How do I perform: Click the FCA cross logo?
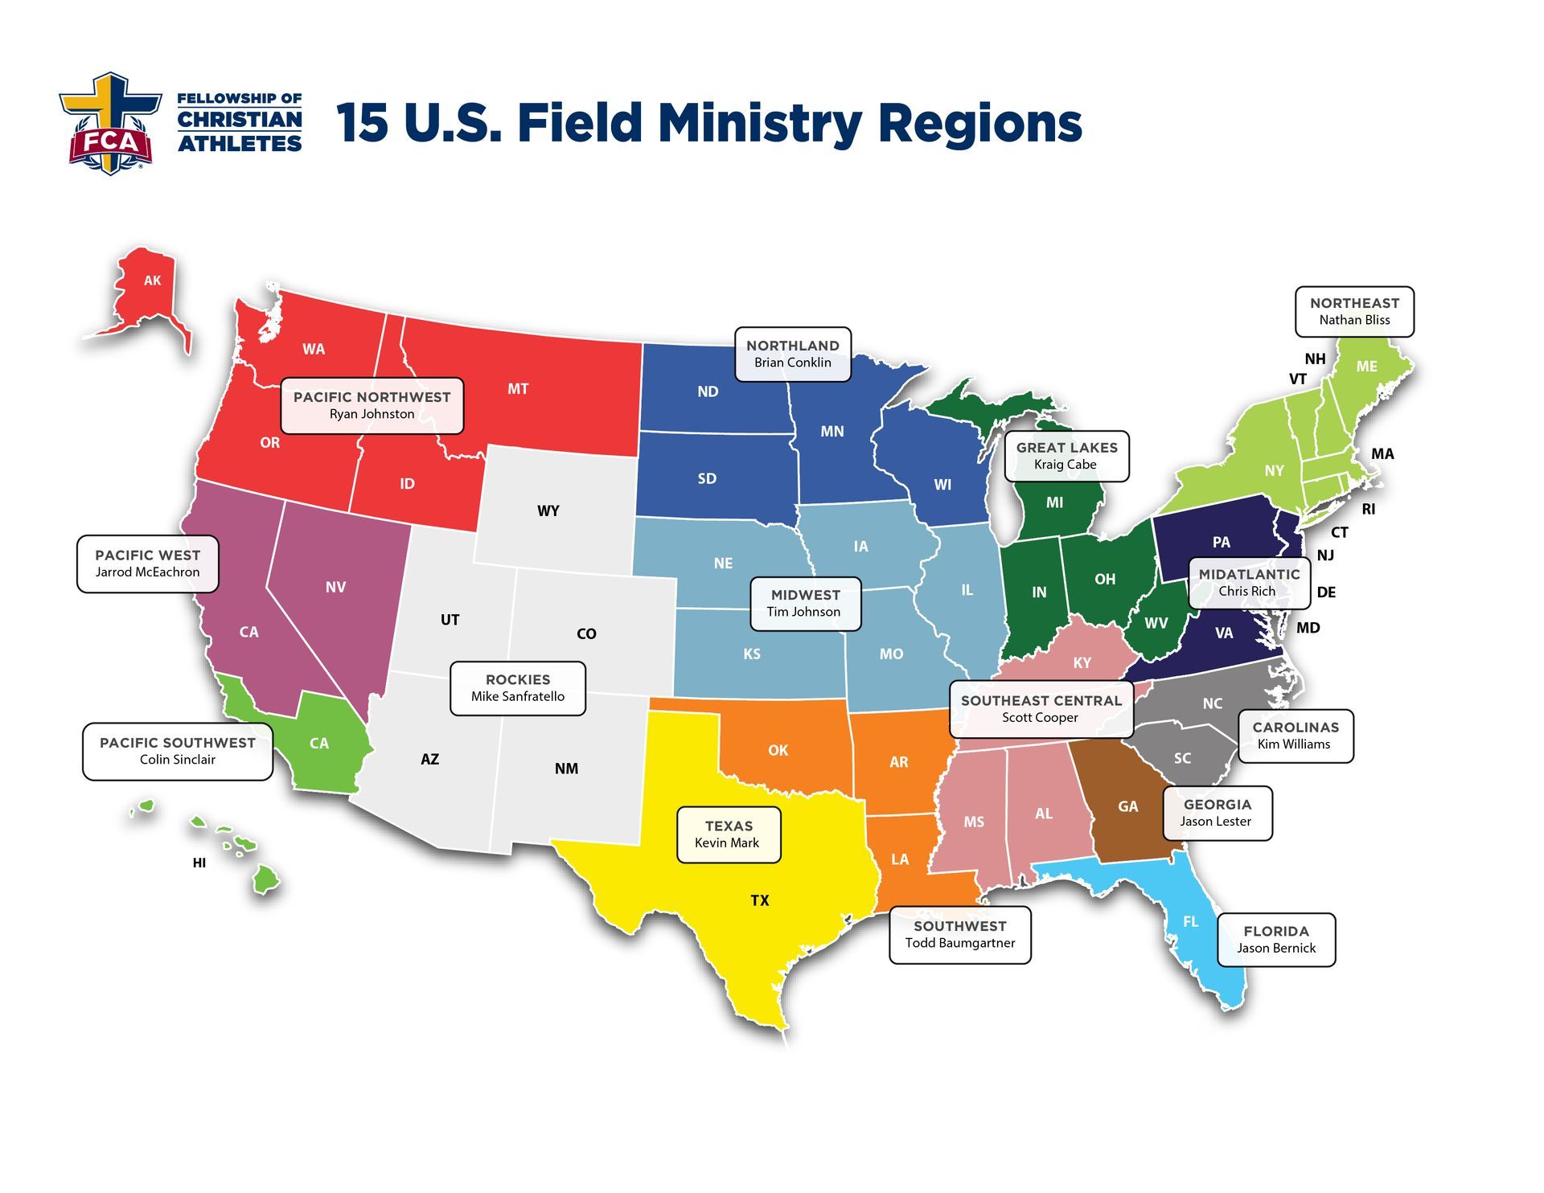[x=109, y=123]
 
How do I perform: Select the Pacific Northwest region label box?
[x=372, y=405]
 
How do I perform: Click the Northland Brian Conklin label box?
[x=792, y=354]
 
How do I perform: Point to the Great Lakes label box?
[x=1066, y=456]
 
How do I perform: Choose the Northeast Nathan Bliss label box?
[x=1354, y=311]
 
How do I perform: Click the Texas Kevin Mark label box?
[x=728, y=834]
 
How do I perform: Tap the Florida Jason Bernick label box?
[x=1276, y=939]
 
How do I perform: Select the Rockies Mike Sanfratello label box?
[x=517, y=687]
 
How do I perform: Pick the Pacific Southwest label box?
[x=178, y=751]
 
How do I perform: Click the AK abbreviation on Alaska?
[x=152, y=281]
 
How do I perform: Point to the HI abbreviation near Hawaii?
[x=199, y=863]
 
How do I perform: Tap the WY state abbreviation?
[x=548, y=510]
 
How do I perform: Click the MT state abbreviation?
[x=518, y=389]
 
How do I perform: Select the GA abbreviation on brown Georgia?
[x=1127, y=806]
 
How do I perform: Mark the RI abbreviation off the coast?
[x=1369, y=509]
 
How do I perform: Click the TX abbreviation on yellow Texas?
[x=760, y=900]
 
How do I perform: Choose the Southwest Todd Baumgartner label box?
[x=959, y=934]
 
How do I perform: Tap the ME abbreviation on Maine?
[x=1367, y=367]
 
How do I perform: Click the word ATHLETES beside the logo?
[x=240, y=144]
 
